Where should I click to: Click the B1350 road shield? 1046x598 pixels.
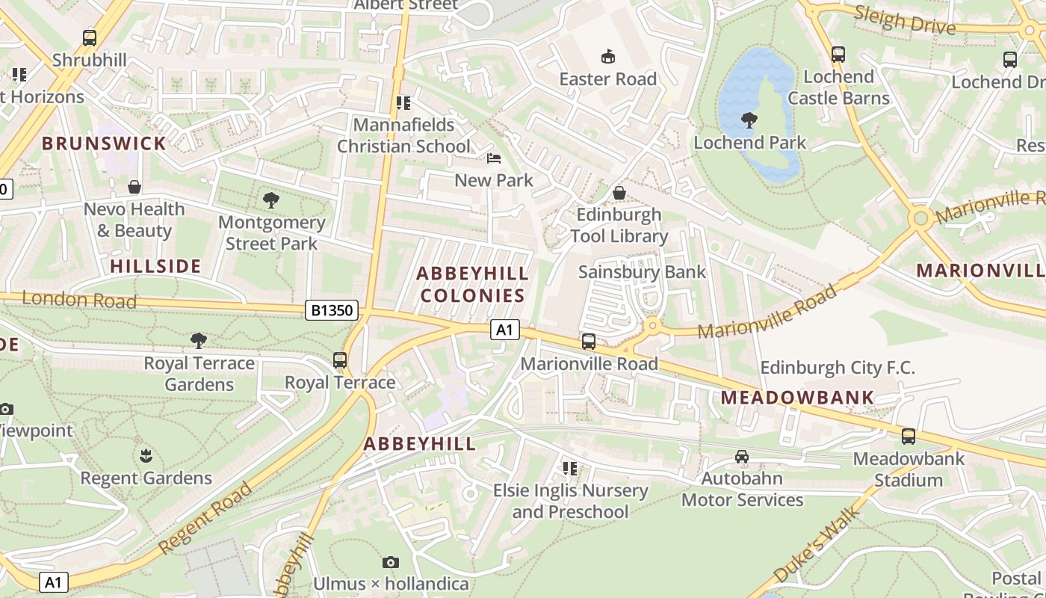tap(331, 310)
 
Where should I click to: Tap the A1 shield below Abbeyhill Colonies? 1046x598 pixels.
tap(505, 330)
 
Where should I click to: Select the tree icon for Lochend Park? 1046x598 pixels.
tap(749, 120)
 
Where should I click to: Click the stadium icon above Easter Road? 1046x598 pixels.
tap(608, 57)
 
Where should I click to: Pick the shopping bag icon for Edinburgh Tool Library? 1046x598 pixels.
tap(619, 193)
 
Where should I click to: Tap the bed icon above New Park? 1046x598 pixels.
tap(494, 158)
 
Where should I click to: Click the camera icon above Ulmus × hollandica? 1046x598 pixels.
tap(390, 562)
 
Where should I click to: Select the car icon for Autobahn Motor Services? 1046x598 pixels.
tap(742, 457)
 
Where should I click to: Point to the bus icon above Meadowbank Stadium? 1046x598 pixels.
tap(909, 437)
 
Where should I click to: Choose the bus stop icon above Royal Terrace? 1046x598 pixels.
tap(340, 360)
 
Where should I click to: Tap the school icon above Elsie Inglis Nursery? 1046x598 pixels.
tap(570, 469)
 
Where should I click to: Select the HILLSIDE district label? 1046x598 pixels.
tap(155, 266)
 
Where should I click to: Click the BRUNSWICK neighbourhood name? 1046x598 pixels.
tap(104, 144)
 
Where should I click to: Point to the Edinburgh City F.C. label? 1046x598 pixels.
tap(837, 368)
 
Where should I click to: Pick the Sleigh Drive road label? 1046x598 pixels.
tap(904, 20)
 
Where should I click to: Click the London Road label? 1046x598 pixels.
tap(79, 300)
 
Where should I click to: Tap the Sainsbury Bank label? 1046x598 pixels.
tap(642, 272)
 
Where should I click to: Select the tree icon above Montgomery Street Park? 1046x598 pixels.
tap(271, 200)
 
